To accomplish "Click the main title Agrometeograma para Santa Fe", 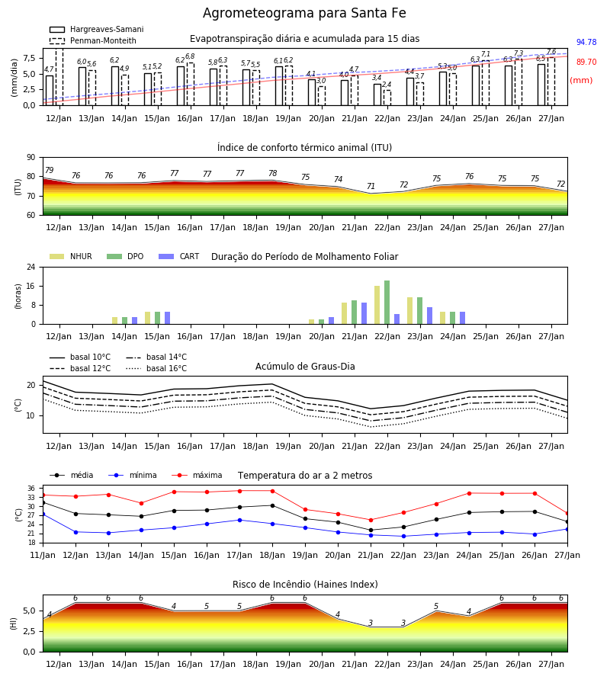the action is click(304, 13).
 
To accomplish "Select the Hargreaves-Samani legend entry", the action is click(96, 29).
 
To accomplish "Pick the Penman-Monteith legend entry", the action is click(93, 40).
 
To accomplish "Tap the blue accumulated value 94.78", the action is click(586, 43).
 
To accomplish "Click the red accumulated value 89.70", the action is click(586, 63).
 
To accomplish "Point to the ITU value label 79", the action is click(49, 170).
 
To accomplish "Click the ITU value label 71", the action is click(371, 186).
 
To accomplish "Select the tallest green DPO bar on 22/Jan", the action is click(387, 303).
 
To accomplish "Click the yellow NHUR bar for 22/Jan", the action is click(377, 305).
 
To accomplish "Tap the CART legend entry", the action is click(178, 256).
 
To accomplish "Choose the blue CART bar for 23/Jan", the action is click(430, 316).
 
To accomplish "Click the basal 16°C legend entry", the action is click(156, 369).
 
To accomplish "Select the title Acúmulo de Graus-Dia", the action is click(305, 367).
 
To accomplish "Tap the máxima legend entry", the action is click(197, 475).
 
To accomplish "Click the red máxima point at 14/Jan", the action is click(141, 504).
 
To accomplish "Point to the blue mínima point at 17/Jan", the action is click(239, 520).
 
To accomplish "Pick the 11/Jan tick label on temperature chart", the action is click(43, 555).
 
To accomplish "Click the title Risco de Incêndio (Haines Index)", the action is click(305, 585).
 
